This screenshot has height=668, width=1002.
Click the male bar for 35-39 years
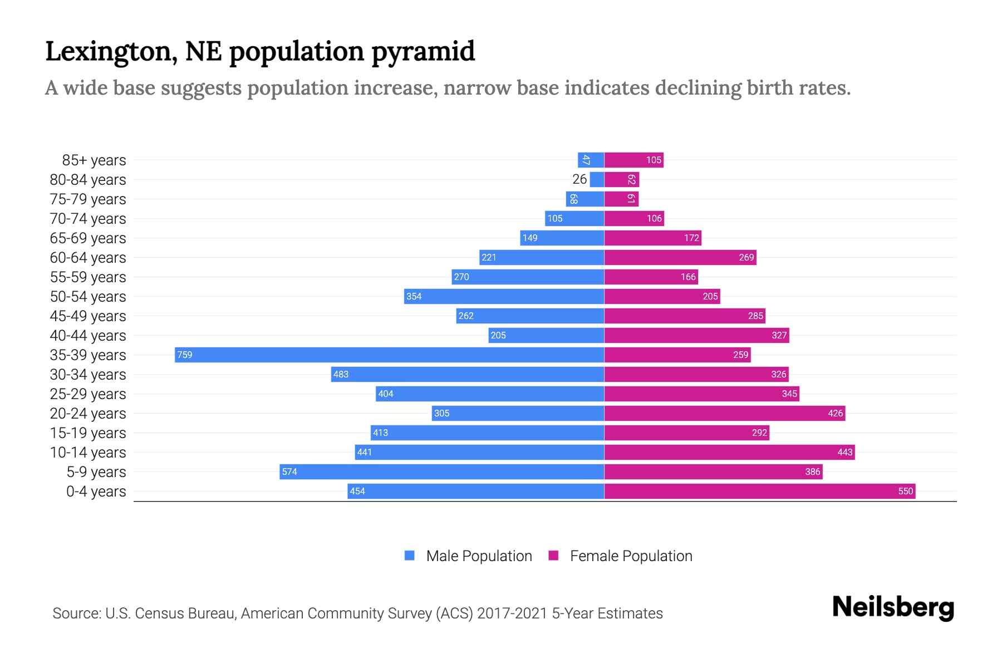pyautogui.click(x=390, y=355)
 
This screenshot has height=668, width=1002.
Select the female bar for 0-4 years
pyautogui.click(x=759, y=491)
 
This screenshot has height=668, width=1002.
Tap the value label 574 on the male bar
pyautogui.click(x=289, y=471)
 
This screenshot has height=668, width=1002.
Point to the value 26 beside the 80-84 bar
pyautogui.click(x=579, y=179)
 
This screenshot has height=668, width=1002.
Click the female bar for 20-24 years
pyautogui.click(x=724, y=413)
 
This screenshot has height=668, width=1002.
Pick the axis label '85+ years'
pyautogui.click(x=94, y=160)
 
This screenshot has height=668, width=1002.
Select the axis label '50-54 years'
pyautogui.click(x=88, y=297)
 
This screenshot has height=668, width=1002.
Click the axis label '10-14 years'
pyautogui.click(x=88, y=453)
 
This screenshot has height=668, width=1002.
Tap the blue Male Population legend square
pyautogui.click(x=410, y=556)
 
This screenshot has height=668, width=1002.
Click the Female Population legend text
pyautogui.click(x=631, y=556)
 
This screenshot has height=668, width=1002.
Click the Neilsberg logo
pyautogui.click(x=893, y=608)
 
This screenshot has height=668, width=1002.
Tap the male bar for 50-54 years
pyautogui.click(x=504, y=296)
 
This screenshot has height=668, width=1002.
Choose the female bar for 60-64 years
pyautogui.click(x=680, y=257)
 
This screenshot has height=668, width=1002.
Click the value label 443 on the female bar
pyautogui.click(x=844, y=452)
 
